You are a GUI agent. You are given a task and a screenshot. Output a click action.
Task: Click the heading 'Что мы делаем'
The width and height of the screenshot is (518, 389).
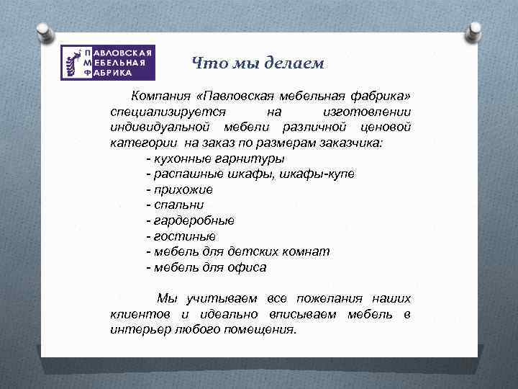click(x=258, y=63)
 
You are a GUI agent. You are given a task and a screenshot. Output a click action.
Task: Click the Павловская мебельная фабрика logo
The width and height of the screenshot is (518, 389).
click(x=108, y=63)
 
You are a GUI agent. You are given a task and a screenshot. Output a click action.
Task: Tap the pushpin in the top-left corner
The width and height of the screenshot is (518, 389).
click(x=44, y=32)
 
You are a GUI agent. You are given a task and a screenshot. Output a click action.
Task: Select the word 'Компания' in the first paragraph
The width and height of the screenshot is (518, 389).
click(x=162, y=97)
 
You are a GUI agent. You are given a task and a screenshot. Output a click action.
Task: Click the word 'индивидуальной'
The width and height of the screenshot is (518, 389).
click(x=156, y=127)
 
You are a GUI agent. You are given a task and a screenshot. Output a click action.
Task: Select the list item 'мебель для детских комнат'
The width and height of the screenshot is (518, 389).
click(x=237, y=251)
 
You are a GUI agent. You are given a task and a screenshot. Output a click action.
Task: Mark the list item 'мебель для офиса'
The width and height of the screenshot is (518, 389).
click(x=206, y=267)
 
